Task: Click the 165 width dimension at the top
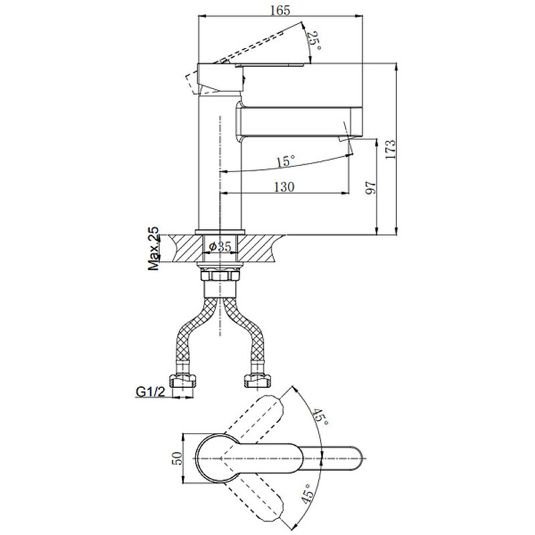(281, 10)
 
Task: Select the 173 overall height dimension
(391, 149)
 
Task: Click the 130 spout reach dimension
(284, 187)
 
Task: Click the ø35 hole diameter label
(220, 247)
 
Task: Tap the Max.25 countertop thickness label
(154, 248)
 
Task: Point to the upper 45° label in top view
(322, 419)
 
